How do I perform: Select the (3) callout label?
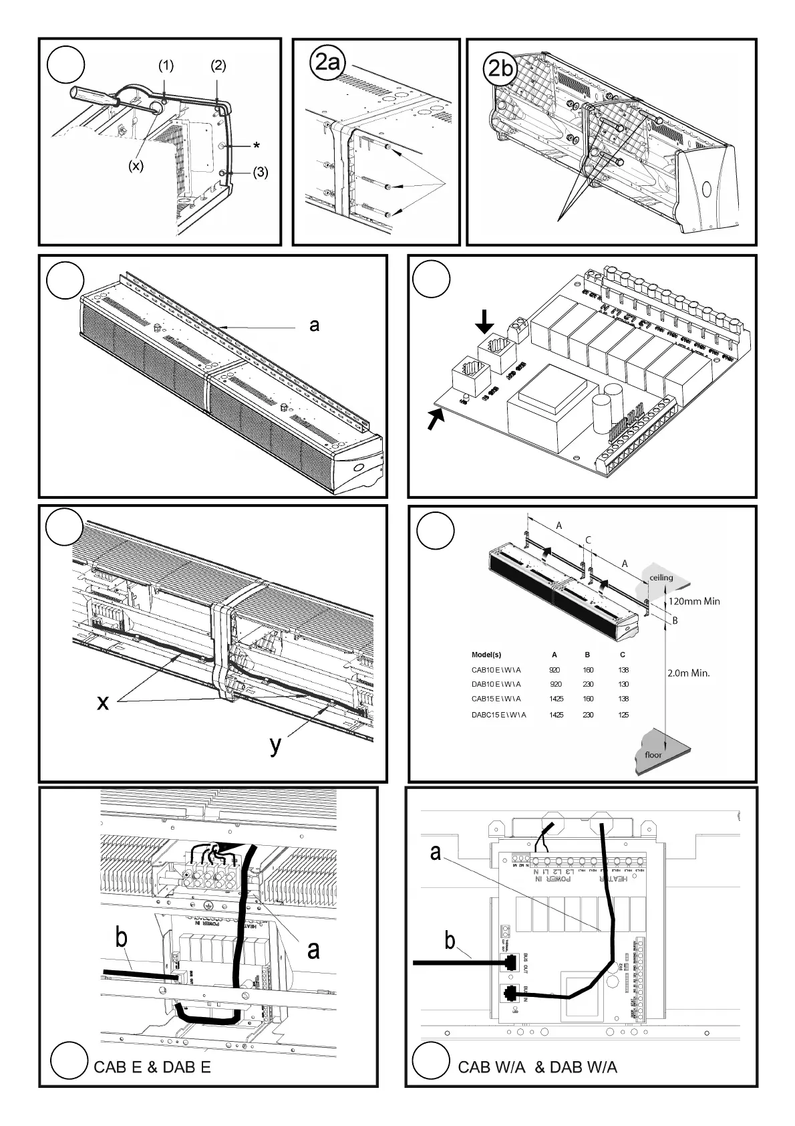[x=260, y=173]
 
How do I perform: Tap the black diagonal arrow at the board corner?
[x=435, y=420]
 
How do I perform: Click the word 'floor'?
[x=653, y=755]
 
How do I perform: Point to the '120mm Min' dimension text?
[x=693, y=601]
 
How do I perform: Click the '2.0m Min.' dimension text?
[x=688, y=673]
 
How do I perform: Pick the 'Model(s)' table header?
[x=486, y=655]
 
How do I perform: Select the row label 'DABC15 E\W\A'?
[x=498, y=715]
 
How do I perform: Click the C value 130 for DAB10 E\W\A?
[x=623, y=684]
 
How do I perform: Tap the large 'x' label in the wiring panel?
[x=102, y=702]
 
